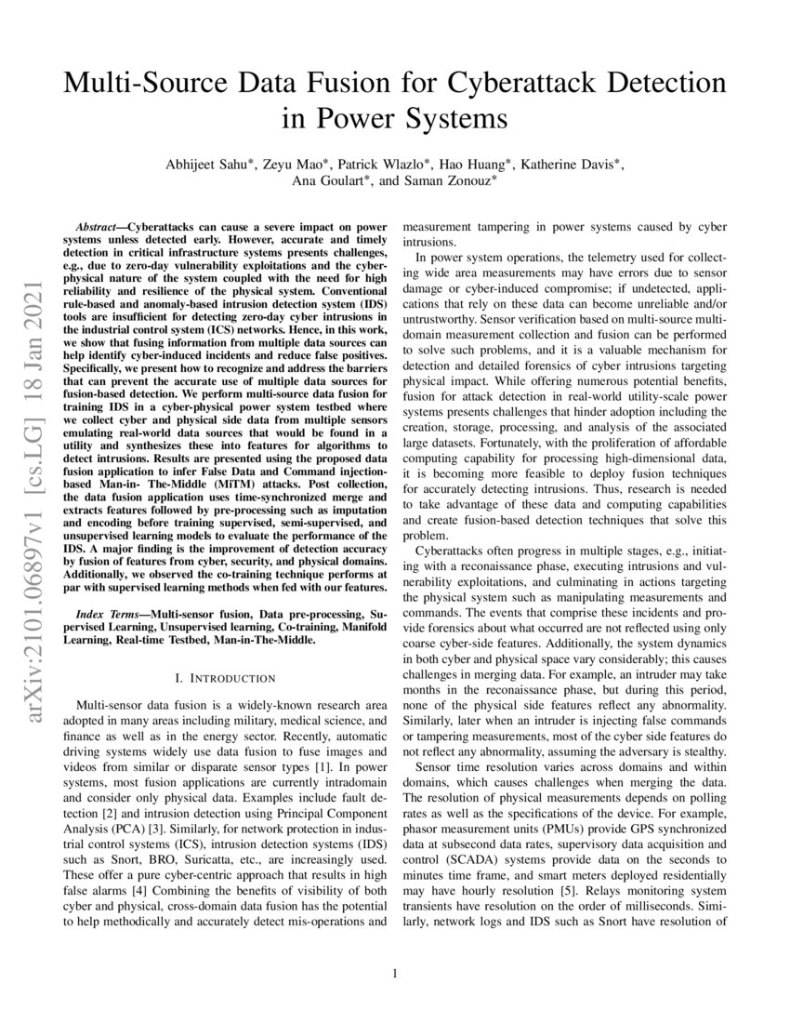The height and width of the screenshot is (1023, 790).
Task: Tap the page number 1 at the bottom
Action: [x=395, y=974]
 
